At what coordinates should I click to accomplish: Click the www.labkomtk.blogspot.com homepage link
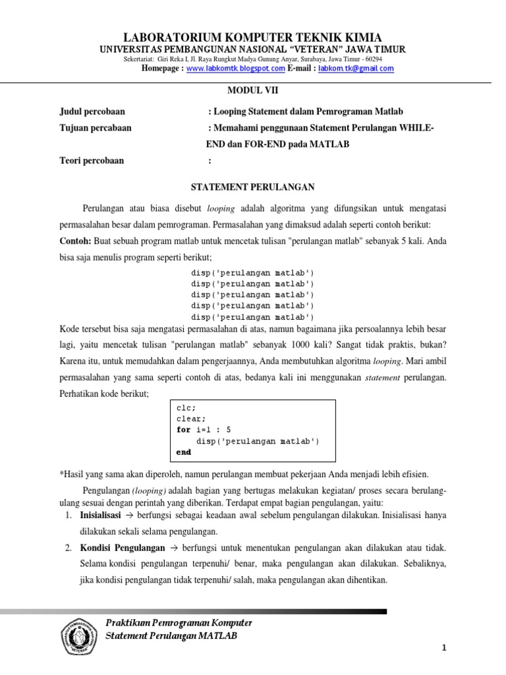(236, 69)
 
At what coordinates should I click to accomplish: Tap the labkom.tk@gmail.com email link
(356, 69)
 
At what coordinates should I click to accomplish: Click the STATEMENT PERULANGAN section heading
(252, 187)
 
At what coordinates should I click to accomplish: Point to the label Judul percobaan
(92, 112)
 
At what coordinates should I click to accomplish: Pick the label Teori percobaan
(92, 160)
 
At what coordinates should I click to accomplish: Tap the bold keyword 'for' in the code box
(183, 430)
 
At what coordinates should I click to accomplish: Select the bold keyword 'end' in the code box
(184, 452)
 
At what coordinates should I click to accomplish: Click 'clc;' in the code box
(186, 407)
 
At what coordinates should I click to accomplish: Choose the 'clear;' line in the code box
(191, 419)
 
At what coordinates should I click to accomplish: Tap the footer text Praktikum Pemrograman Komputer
(179, 623)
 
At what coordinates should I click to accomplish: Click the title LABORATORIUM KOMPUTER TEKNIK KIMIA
(253, 37)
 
